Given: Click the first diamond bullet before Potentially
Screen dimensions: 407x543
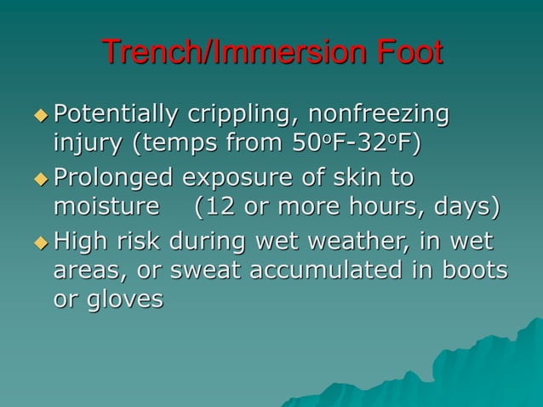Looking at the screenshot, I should pyautogui.click(x=41, y=114).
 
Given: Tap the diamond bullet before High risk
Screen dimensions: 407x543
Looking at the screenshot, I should pyautogui.click(x=41, y=242).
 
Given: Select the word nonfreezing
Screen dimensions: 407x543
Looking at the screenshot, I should pyautogui.click(x=378, y=114).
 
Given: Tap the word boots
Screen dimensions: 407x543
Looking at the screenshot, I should pyautogui.click(x=471, y=271).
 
